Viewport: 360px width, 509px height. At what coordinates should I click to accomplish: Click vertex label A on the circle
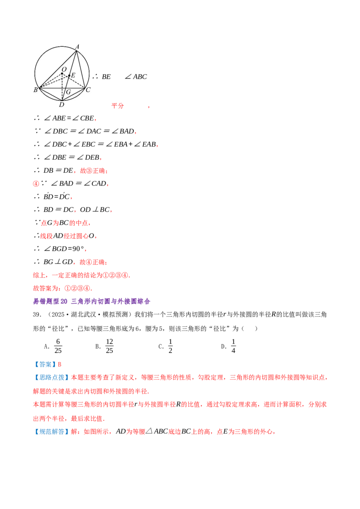pos(77,47)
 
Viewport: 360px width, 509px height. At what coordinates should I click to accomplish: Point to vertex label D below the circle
pos(61,104)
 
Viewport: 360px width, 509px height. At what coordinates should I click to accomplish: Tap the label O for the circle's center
pos(64,69)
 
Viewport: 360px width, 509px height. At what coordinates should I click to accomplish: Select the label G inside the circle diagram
pos(68,92)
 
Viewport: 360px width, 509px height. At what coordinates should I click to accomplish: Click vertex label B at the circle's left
pos(36,90)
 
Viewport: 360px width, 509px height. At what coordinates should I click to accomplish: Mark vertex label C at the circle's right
pos(88,89)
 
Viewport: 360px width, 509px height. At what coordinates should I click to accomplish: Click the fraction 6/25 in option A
pos(58,346)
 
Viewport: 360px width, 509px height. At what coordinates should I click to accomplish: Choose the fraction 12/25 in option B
pos(109,346)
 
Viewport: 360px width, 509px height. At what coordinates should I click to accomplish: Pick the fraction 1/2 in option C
pos(170,346)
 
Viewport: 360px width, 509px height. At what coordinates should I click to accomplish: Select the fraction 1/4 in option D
pos(233,346)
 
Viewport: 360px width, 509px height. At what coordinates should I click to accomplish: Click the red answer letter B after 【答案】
pos(59,365)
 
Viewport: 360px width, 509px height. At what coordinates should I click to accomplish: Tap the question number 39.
pos(37,315)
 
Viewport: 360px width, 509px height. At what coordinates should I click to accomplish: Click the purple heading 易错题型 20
pos(50,302)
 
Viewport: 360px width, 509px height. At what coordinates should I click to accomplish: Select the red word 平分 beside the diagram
pos(117,106)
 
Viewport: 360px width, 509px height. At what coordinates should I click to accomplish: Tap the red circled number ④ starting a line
pos(36,184)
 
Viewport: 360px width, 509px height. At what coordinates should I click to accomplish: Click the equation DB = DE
pos(58,170)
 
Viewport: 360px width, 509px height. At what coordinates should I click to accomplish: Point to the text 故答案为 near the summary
pos(46,288)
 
